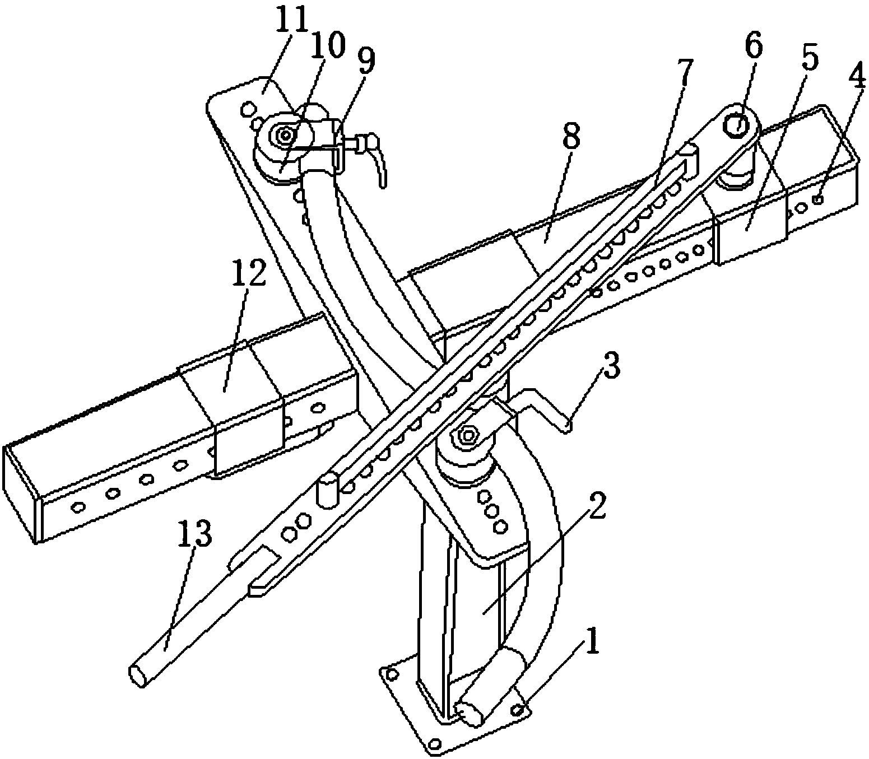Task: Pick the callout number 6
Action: [x=753, y=48]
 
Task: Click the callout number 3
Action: [x=612, y=366]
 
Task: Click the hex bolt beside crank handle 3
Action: [x=467, y=434]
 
